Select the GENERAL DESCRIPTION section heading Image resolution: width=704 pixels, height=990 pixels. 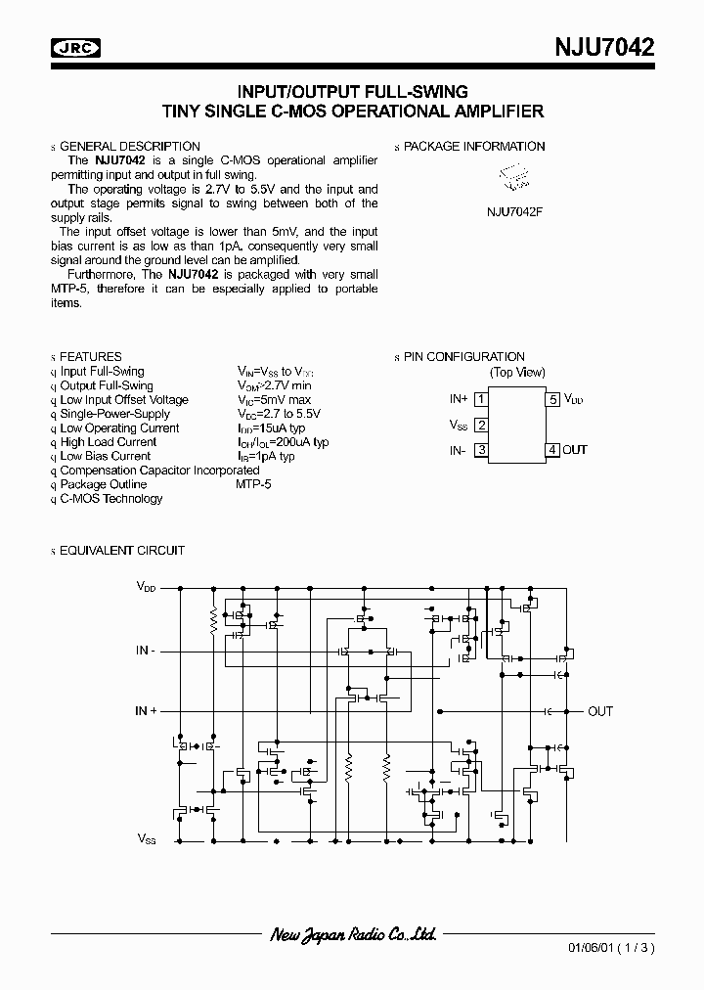[130, 146]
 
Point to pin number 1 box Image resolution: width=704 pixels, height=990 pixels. [481, 399]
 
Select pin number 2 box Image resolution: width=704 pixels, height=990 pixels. [481, 425]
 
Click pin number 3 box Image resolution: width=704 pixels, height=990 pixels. [481, 450]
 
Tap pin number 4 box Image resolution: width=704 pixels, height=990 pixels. [552, 450]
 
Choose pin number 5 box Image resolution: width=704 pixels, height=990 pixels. [552, 399]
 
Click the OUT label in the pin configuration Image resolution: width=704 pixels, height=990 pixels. [575, 450]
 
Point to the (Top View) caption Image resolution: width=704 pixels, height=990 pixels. [517, 372]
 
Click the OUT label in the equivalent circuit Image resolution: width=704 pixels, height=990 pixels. [600, 711]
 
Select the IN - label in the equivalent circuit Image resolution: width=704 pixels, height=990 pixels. [146, 651]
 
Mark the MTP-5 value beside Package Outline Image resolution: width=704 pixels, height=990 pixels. [253, 484]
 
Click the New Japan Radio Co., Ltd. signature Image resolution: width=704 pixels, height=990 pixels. [352, 935]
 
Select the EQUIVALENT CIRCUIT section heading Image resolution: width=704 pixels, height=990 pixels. [122, 551]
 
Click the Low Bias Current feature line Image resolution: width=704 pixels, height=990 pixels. [106, 456]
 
